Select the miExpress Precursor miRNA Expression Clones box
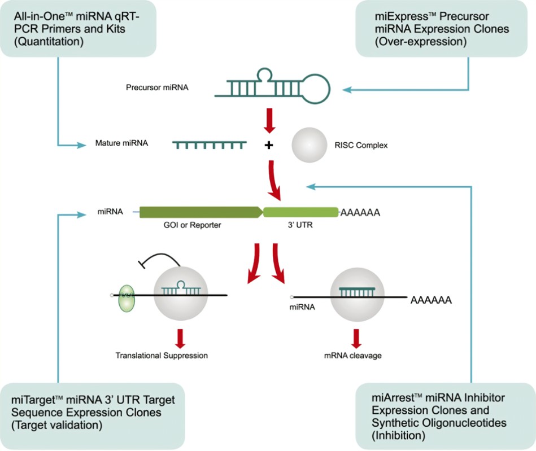click(445, 28)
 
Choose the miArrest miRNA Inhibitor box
click(445, 415)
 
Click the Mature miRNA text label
click(121, 143)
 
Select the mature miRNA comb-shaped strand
click(210, 145)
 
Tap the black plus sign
click(269, 145)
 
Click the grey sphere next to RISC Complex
click(309, 145)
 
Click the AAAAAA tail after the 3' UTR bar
click(359, 213)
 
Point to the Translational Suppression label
click(162, 356)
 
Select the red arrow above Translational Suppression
click(181, 337)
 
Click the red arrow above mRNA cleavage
click(356, 337)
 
